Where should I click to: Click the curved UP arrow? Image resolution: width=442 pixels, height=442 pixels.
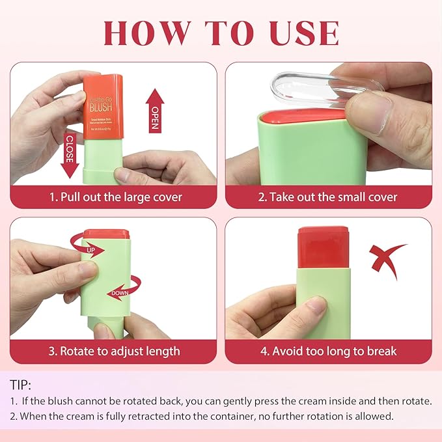coord(86,247)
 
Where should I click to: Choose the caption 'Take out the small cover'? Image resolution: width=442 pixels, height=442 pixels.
coord(327,197)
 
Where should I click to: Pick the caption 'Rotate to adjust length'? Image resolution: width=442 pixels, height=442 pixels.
coord(113,352)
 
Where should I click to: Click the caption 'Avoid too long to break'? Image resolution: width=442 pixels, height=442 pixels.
coord(328,352)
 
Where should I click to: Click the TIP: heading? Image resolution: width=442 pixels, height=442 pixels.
coord(20,385)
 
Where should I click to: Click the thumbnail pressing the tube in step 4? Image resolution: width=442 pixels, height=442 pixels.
coord(316,303)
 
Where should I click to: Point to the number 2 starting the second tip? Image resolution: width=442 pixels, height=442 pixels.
coord(13,416)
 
